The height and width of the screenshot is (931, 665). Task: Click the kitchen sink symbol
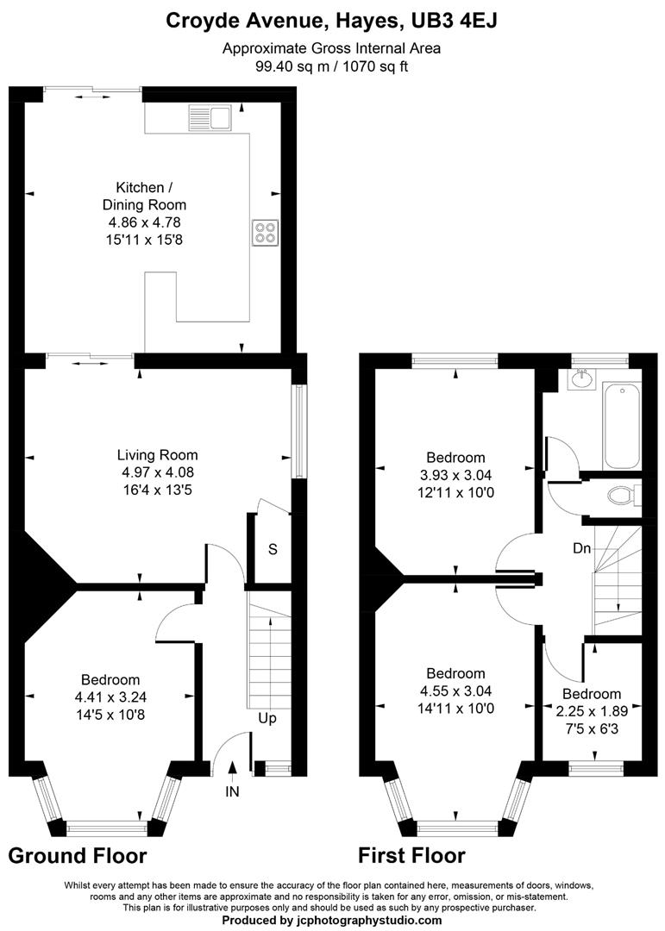pyautogui.click(x=216, y=116)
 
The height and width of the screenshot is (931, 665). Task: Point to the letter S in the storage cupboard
pyautogui.click(x=273, y=549)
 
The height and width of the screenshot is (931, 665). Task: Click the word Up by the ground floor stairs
pyautogui.click(x=267, y=717)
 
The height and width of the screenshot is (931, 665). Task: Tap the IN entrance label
pyautogui.click(x=232, y=790)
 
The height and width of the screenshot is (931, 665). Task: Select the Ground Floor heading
pyautogui.click(x=77, y=856)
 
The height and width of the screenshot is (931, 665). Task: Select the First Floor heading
pyautogui.click(x=411, y=856)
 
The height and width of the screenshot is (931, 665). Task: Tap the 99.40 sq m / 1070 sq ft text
pyautogui.click(x=332, y=66)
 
